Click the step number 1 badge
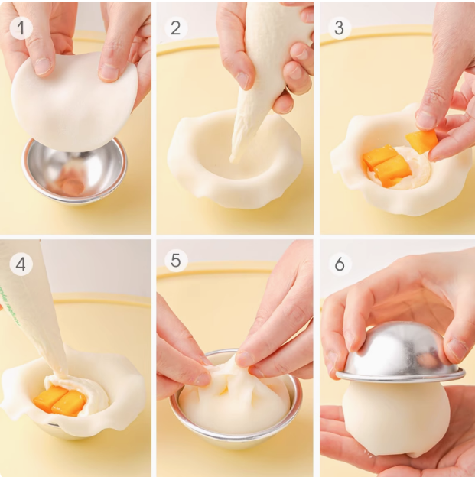[x=21, y=28]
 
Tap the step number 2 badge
[x=176, y=28]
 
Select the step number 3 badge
[x=339, y=28]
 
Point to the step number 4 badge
[x=21, y=264]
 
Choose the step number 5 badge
[x=176, y=261]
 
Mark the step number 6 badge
[x=339, y=264]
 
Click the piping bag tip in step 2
[x=233, y=159]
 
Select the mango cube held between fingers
[x=421, y=141]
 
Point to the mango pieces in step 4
[x=60, y=401]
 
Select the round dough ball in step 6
[x=396, y=418]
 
